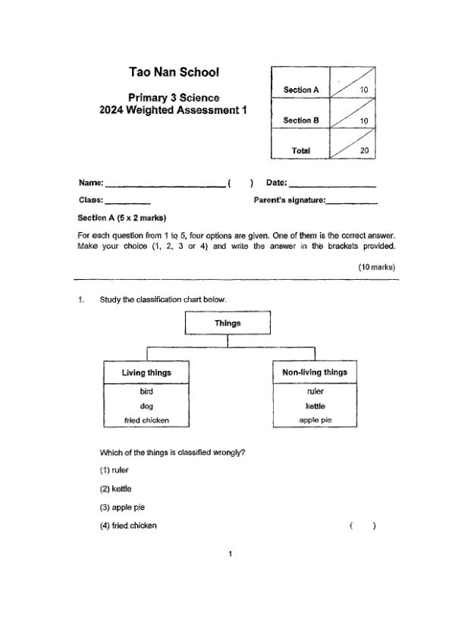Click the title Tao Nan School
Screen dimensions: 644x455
(174, 73)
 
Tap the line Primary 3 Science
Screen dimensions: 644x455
(174, 98)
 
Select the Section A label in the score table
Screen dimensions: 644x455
(301, 90)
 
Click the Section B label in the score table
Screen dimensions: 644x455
(301, 121)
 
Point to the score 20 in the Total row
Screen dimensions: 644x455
(364, 151)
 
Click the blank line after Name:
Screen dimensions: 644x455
(165, 184)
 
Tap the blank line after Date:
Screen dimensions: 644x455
(333, 184)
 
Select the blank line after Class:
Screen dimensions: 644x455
(127, 202)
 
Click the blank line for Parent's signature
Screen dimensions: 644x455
(352, 202)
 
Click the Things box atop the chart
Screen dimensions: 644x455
(227, 323)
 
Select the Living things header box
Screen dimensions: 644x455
(146, 372)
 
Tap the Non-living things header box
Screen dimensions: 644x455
(314, 372)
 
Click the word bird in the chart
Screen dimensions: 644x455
(146, 391)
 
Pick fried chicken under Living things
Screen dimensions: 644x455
(146, 419)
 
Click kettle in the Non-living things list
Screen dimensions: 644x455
(315, 406)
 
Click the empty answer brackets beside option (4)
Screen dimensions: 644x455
(363, 526)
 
